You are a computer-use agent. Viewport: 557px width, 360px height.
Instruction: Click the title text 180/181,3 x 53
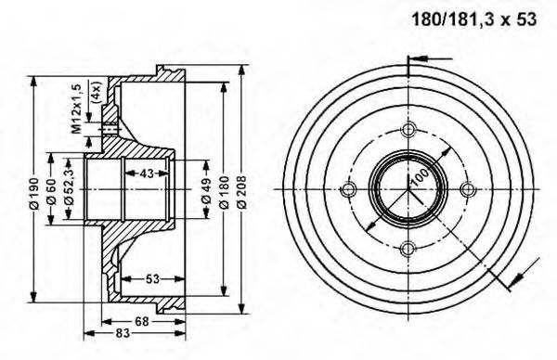(473, 19)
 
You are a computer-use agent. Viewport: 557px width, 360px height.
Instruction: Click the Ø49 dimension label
(206, 190)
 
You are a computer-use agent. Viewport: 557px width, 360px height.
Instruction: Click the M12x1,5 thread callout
(77, 109)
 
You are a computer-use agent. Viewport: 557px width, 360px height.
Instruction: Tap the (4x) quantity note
(96, 92)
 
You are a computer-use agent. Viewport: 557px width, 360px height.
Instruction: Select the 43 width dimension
(147, 174)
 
